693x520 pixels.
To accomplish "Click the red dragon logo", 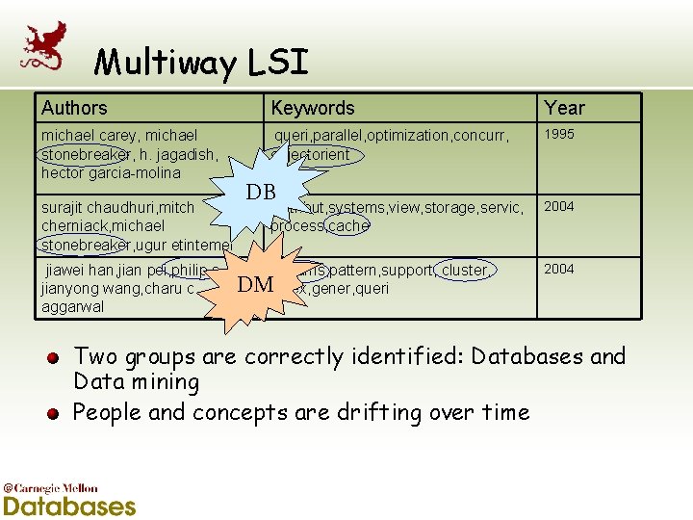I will [x=44, y=45].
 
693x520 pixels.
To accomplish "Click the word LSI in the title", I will [x=276, y=64].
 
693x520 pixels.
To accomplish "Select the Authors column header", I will [x=74, y=108].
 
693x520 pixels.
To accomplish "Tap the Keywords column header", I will [x=312, y=108].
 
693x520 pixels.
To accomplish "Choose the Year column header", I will [x=564, y=108].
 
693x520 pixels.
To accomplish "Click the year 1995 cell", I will [x=559, y=135].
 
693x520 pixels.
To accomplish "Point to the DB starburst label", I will [x=260, y=191].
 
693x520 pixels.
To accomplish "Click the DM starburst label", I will [x=255, y=283].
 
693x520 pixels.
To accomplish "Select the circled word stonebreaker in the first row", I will [x=85, y=154].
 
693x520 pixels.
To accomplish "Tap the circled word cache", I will [x=347, y=225].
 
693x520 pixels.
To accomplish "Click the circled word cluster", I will [x=465, y=270].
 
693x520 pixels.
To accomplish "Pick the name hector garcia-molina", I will [x=111, y=173].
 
